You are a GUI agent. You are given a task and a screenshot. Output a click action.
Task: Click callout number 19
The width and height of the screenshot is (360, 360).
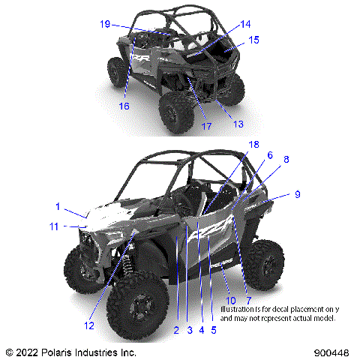105,24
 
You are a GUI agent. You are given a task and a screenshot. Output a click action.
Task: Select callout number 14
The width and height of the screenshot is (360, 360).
245,24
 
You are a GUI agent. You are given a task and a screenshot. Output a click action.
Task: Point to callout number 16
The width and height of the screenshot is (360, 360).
124,106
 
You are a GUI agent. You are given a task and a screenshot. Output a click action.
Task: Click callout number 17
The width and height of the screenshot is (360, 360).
205,126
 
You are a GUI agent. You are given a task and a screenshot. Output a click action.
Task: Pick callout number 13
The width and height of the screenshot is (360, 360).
238,123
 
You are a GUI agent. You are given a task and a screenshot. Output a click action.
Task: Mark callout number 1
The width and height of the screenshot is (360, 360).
57,205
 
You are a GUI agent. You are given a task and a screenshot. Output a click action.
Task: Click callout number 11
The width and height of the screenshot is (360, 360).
53,226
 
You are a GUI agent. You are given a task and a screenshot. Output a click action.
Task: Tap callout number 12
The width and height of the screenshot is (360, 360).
89,325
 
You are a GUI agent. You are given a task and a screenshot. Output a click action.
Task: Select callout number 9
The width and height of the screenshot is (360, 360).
298,194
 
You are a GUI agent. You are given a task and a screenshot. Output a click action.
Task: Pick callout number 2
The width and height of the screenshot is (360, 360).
175,329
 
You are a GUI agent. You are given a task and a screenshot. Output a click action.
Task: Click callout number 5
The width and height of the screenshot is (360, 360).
214,329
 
